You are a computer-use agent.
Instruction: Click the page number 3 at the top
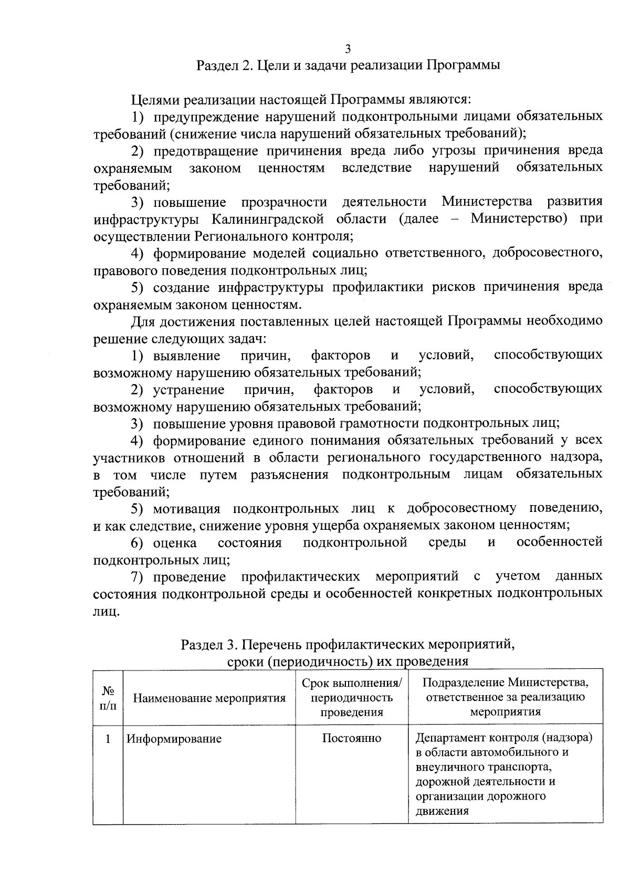[348, 49]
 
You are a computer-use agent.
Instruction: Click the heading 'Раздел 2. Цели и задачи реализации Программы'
[348, 66]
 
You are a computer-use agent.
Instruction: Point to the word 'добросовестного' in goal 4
[545, 253]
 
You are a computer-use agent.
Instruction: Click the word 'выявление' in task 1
[186, 355]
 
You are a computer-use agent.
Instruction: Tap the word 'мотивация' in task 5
[186, 508]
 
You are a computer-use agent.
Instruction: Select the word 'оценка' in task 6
[175, 542]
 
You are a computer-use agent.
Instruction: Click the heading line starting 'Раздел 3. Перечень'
[348, 644]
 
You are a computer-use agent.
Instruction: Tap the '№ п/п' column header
[108, 698]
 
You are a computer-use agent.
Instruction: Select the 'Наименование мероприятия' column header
[209, 698]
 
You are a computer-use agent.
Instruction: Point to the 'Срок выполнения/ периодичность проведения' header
[352, 698]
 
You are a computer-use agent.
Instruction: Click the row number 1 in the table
[108, 739]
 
